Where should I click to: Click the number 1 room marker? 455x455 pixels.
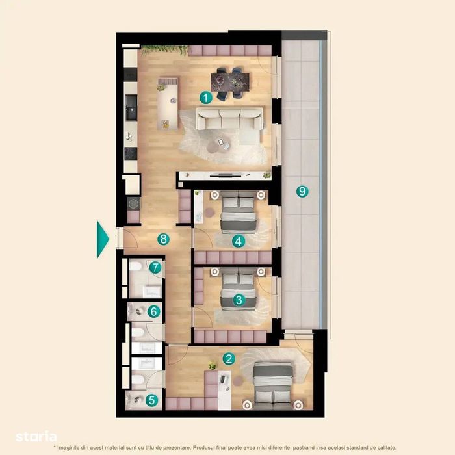[x=206, y=97]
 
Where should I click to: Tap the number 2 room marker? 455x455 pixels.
[x=229, y=359]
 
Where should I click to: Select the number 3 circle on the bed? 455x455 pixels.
[x=239, y=300]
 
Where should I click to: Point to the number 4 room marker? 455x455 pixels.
[x=239, y=241]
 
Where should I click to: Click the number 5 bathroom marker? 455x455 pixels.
[x=151, y=400]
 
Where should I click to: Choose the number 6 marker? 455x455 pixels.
[x=154, y=311]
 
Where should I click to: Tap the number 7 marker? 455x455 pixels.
[x=155, y=268]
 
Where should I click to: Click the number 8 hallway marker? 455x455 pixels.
[x=163, y=239]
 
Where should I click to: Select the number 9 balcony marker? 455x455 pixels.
[x=302, y=191]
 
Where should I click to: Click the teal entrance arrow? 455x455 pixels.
[x=103, y=239]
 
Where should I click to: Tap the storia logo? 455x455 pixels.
[x=36, y=437]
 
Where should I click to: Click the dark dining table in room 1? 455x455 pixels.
[x=230, y=83]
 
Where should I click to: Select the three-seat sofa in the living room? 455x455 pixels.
[x=230, y=118]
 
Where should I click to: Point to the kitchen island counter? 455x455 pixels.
[x=168, y=103]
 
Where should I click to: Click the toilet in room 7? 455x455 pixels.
[x=135, y=266]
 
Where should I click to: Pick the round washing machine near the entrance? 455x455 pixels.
[x=134, y=203]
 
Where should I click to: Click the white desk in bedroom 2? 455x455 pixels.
[x=225, y=390]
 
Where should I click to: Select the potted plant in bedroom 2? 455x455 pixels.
[x=213, y=365]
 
